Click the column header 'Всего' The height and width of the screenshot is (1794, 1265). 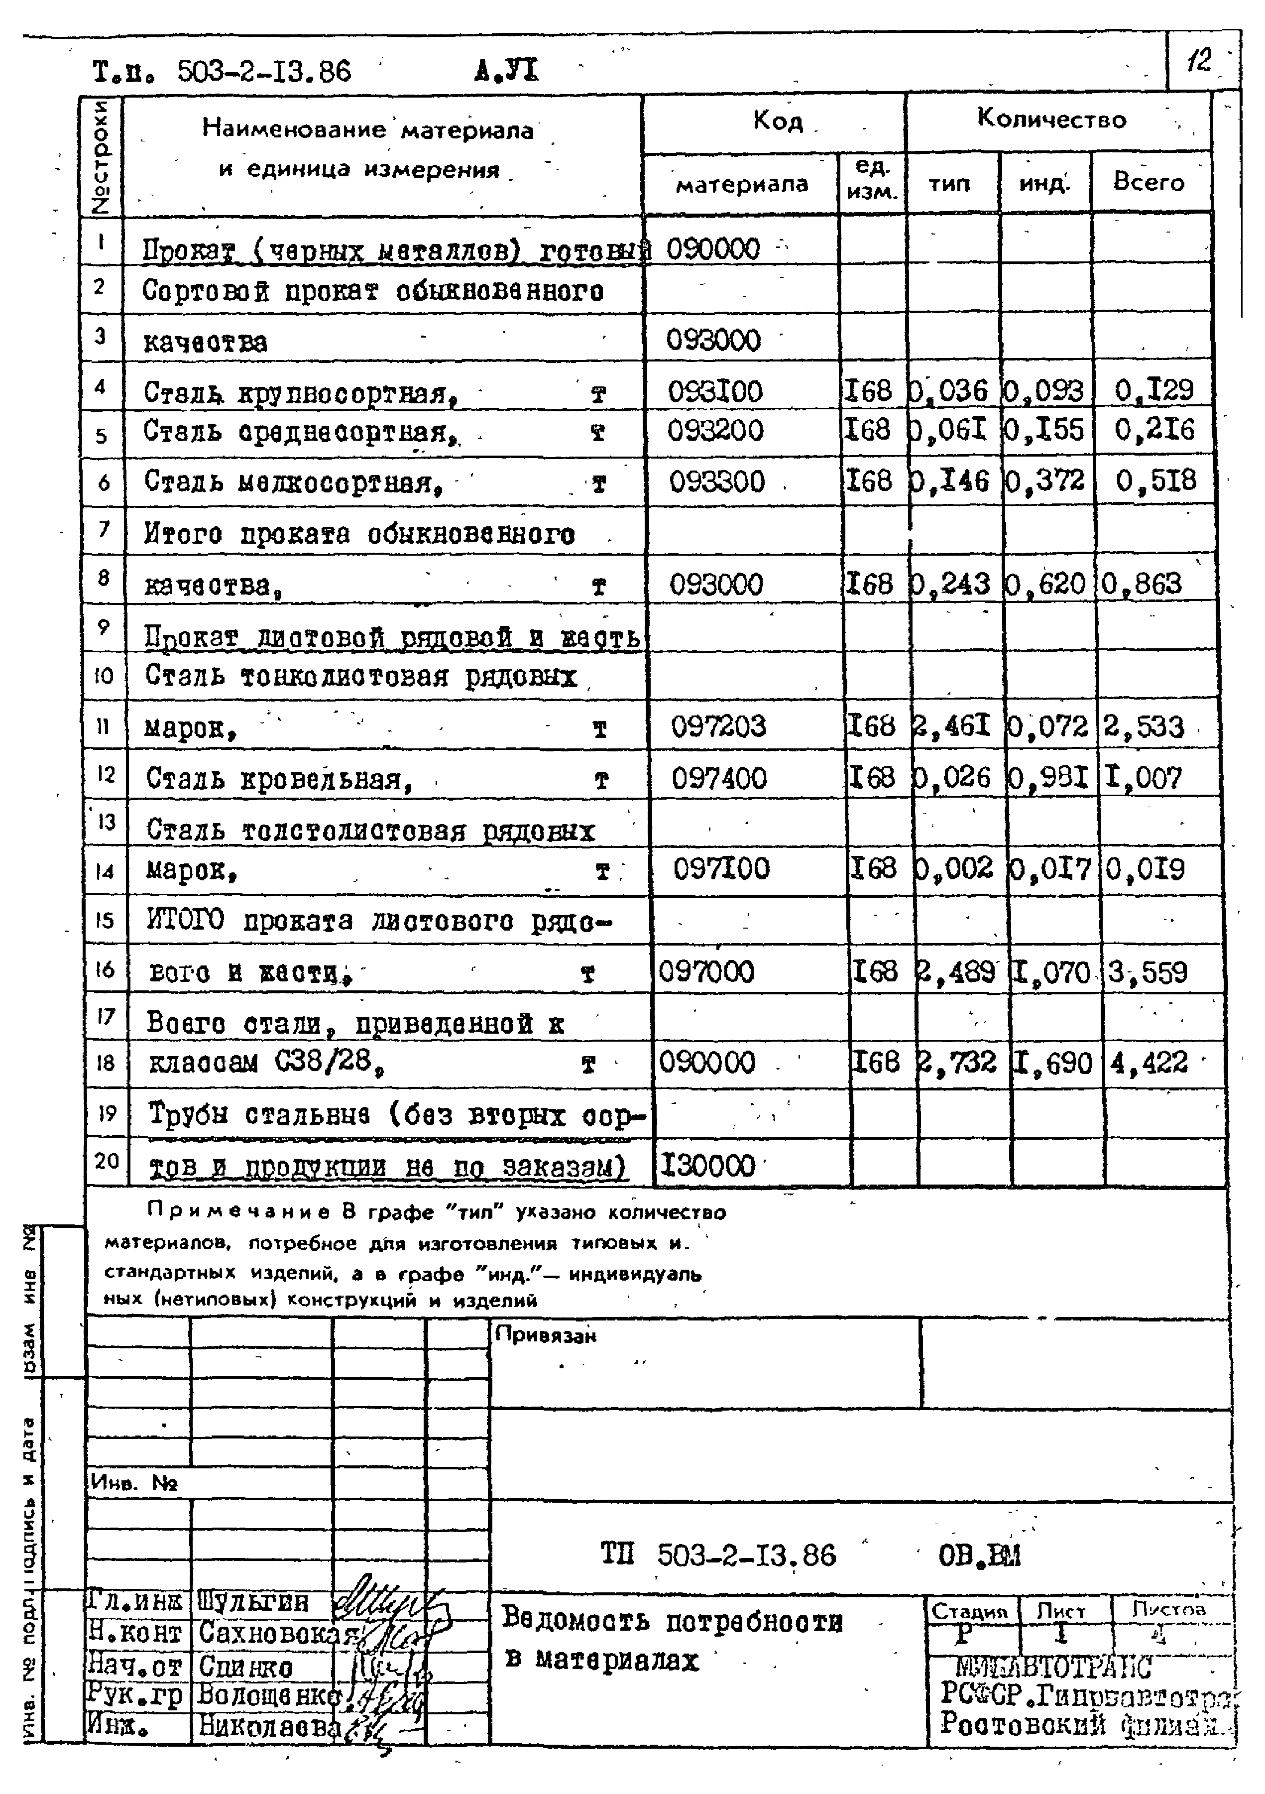1149,182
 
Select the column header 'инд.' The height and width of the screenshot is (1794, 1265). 1044,184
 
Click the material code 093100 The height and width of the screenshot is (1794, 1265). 714,391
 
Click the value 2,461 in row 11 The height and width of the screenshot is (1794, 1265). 952,726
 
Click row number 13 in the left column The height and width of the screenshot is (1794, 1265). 106,821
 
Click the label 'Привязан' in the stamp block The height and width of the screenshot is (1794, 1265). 546,1335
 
